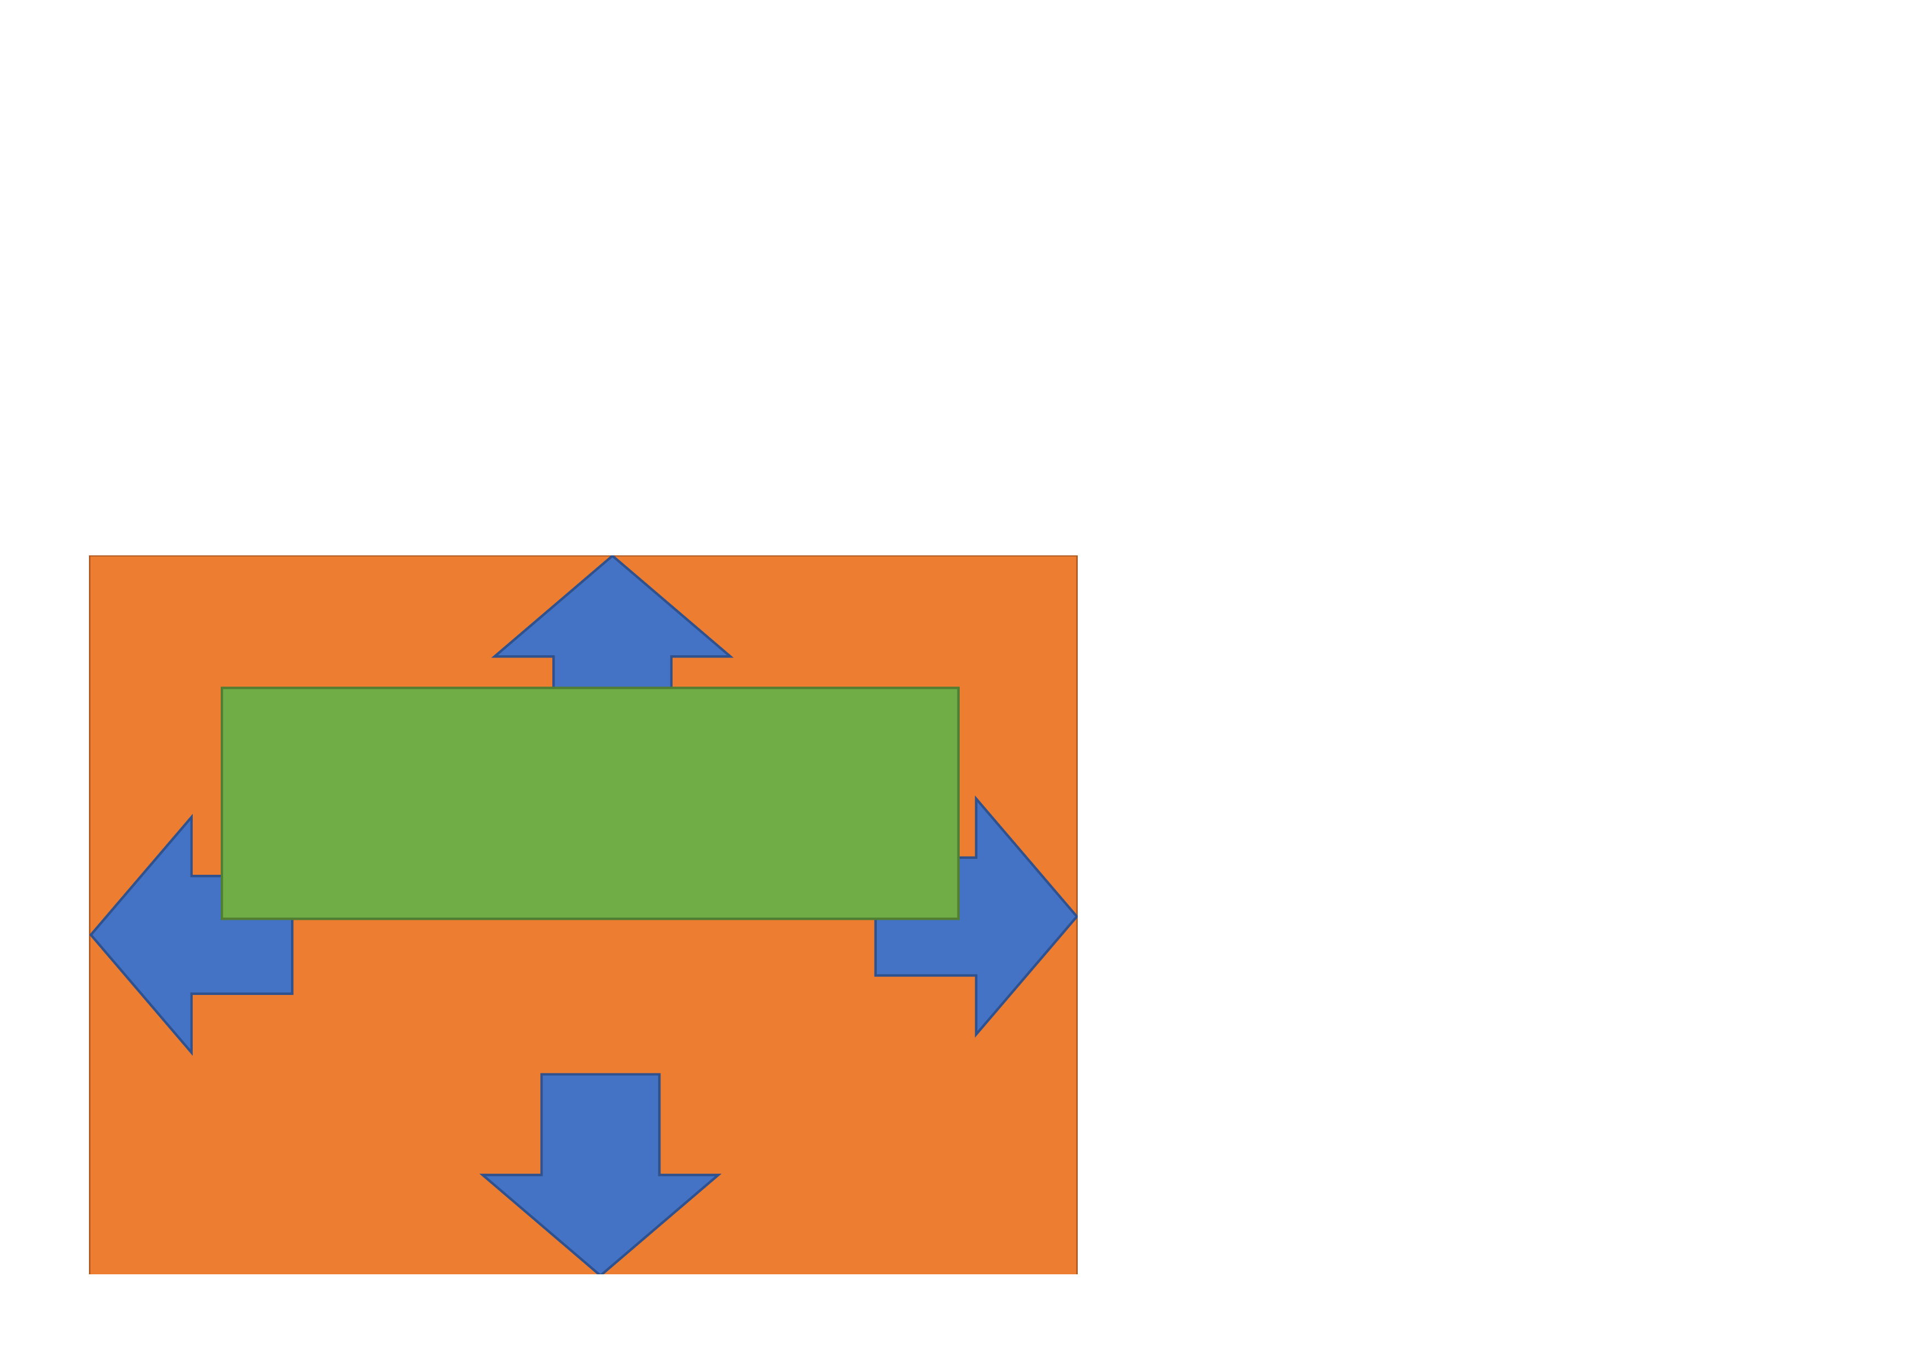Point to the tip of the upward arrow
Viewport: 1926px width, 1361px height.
[x=612, y=556]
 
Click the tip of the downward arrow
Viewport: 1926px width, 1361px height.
[x=601, y=1274]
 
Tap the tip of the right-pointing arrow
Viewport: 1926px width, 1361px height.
[x=1076, y=916]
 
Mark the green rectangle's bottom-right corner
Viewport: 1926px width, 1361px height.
[x=958, y=918]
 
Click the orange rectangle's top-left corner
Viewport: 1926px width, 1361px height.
[x=89, y=556]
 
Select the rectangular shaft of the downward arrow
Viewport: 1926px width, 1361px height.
[x=601, y=1124]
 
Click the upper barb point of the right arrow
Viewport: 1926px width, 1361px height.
[x=976, y=798]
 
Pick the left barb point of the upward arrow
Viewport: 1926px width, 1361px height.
[x=495, y=656]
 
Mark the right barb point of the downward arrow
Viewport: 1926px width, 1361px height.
[x=718, y=1175]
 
